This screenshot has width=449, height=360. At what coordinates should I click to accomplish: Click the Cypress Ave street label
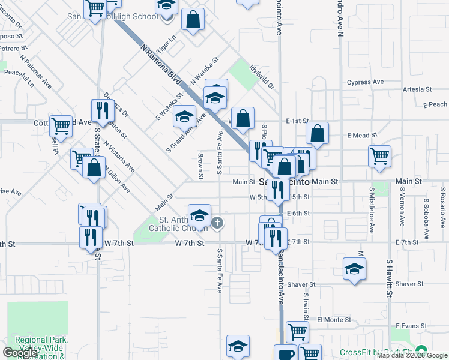pyautogui.click(x=365, y=82)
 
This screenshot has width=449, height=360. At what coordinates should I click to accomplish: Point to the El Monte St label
pyautogui.click(x=334, y=320)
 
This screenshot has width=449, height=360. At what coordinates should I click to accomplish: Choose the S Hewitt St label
pyautogui.click(x=389, y=278)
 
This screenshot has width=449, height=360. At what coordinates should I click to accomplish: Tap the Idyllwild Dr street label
pyautogui.click(x=262, y=78)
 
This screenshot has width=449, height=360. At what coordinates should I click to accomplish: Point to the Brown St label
pyautogui.click(x=200, y=166)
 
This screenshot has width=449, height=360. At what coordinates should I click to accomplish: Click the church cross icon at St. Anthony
pyautogui.click(x=217, y=224)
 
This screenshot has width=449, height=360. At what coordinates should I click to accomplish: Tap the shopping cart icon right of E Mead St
pyautogui.click(x=379, y=157)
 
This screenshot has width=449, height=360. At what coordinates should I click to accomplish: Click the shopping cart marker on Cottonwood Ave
pyautogui.click(x=61, y=125)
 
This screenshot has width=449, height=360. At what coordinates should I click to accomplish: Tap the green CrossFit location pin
pyautogui.click(x=421, y=352)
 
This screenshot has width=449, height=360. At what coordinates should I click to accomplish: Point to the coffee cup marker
pyautogui.click(x=286, y=353)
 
